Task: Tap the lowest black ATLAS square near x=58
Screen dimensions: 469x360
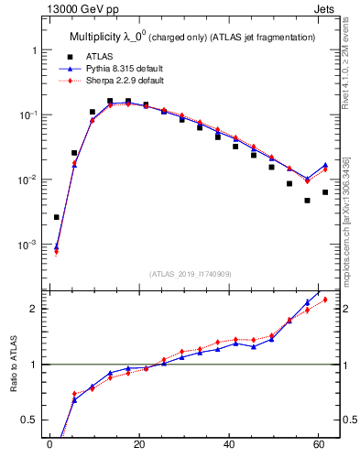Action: coord(308,200)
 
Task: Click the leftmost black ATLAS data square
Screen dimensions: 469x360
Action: coord(57,217)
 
